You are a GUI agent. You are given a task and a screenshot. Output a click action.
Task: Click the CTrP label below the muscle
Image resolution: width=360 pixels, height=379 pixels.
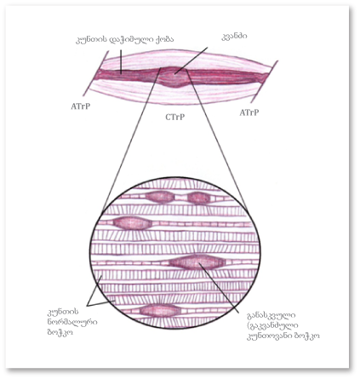(175, 117)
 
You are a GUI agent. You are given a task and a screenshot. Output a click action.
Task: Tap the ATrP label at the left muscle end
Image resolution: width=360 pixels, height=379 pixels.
(81, 106)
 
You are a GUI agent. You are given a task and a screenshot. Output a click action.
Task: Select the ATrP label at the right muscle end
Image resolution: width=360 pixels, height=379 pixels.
(249, 112)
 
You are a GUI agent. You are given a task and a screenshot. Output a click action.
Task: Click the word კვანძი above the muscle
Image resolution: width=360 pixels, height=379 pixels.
(234, 37)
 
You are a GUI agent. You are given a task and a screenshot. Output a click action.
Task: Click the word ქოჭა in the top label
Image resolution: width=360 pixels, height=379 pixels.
(164, 40)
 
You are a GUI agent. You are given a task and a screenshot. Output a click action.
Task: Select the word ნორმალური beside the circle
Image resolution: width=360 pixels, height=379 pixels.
(72, 322)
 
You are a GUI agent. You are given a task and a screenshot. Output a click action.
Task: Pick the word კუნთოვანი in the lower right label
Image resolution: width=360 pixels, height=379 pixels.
(271, 336)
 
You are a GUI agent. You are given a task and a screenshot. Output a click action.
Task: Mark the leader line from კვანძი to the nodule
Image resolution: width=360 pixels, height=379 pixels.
(191, 60)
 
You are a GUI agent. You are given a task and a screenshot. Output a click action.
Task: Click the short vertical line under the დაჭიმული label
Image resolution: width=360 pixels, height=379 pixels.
(121, 62)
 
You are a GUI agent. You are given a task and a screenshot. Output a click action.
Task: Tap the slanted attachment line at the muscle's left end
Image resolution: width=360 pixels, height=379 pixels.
(96, 73)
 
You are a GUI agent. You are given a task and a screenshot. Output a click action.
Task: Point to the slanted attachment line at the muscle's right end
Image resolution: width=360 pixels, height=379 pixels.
(265, 82)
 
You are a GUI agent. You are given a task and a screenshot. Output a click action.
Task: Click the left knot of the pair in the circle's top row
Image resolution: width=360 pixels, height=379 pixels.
(159, 197)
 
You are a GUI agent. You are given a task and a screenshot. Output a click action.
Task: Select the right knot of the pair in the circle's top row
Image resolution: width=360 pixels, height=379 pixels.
(198, 198)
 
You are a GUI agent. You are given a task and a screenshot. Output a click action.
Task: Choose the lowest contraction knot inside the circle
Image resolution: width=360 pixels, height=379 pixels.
(160, 310)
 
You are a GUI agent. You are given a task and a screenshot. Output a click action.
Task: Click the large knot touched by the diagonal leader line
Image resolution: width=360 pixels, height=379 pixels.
(197, 262)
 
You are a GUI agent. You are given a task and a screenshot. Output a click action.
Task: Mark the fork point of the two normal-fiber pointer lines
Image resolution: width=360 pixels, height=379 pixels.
(88, 306)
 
